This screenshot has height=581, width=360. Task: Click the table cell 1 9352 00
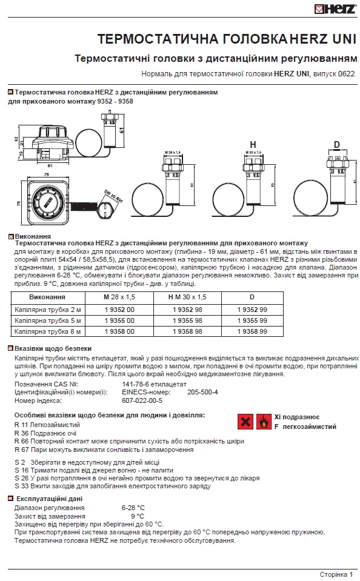tap(119, 310)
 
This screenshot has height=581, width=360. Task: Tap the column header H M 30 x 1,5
tap(187, 298)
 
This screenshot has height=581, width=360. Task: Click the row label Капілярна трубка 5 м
tap(47, 320)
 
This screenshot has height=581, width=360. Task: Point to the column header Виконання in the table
tap(47, 298)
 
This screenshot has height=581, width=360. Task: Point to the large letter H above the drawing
tap(253, 144)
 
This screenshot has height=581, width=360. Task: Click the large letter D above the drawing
tap(336, 144)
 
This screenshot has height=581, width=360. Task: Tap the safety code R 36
tap(21, 434)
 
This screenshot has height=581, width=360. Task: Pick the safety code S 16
tap(21, 470)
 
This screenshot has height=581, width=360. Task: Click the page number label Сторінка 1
tap(336, 574)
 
